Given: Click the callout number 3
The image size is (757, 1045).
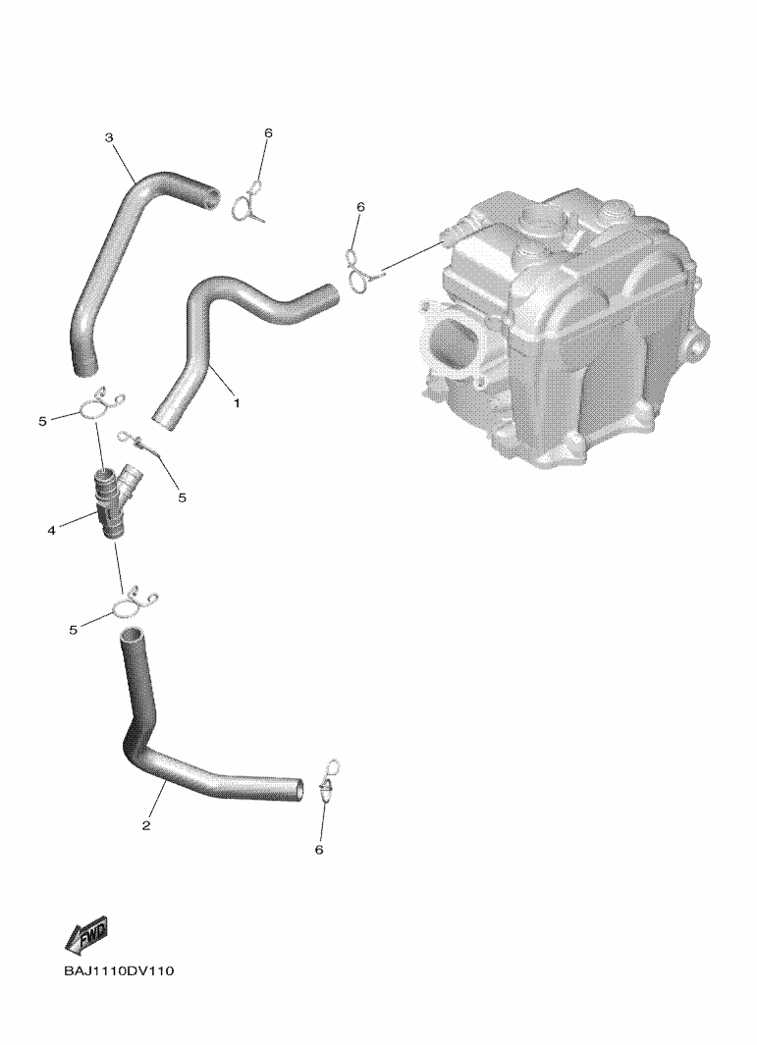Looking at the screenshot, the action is tap(109, 138).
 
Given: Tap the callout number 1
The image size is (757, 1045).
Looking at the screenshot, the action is tap(236, 403).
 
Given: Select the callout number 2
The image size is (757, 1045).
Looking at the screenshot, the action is tap(146, 826).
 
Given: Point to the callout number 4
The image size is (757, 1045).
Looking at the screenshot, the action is tap(51, 531).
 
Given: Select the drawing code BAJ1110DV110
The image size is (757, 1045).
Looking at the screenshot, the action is tap(119, 970).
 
